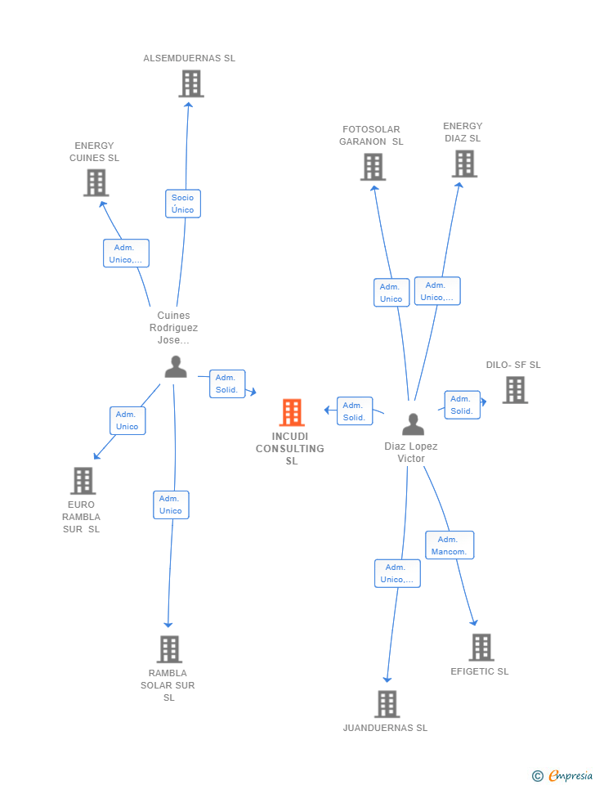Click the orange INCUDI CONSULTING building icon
click(x=292, y=412)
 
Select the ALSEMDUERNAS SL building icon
click(x=191, y=83)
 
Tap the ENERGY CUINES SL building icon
click(x=96, y=182)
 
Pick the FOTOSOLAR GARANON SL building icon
click(x=374, y=167)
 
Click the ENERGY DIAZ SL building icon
click(x=464, y=164)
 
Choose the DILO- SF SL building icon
click(x=516, y=390)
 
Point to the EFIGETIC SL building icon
click(x=482, y=648)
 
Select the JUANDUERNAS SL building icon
click(x=387, y=704)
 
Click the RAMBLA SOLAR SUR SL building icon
click(x=169, y=649)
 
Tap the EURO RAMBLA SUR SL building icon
click(x=83, y=481)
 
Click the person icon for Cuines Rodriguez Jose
click(x=176, y=366)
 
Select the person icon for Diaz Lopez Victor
click(x=414, y=424)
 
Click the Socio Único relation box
click(x=183, y=204)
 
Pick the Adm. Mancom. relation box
click(x=450, y=545)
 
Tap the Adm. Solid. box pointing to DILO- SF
click(x=463, y=405)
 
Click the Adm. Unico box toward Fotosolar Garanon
click(x=391, y=293)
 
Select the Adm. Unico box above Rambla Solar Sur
click(x=171, y=505)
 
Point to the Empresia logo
click(x=562, y=775)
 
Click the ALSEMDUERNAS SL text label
click(x=189, y=58)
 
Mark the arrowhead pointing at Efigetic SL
click(x=473, y=623)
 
